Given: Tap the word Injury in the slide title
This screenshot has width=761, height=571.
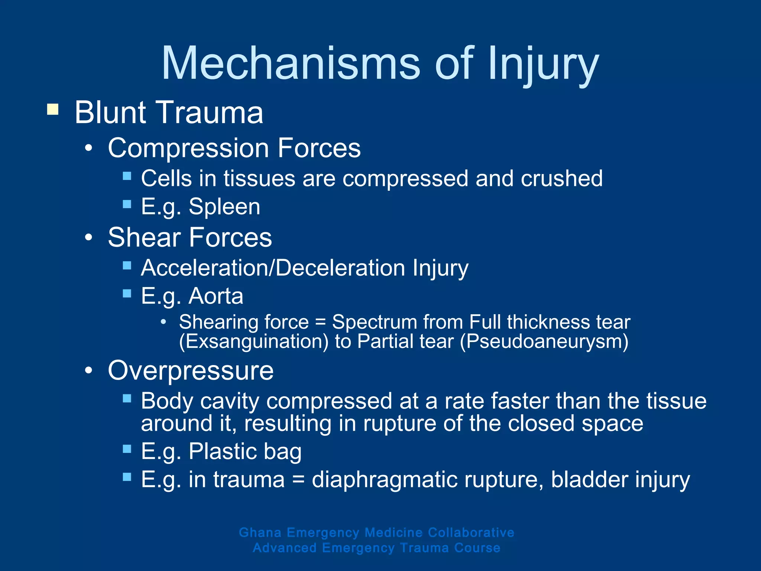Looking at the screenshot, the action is [x=543, y=63].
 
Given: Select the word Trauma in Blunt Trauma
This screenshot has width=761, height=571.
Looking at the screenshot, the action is [x=211, y=112].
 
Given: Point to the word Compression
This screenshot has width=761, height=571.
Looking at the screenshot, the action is [x=188, y=148].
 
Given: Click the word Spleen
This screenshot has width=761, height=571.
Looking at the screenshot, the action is [x=224, y=207].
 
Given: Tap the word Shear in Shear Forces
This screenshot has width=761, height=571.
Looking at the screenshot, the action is [x=143, y=238].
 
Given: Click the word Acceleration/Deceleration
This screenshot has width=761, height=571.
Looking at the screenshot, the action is [x=273, y=268].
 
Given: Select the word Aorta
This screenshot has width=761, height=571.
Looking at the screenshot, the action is [x=216, y=296].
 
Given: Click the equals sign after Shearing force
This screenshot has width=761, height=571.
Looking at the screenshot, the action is [x=320, y=322].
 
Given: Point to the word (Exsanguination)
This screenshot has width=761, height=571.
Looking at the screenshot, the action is [x=254, y=342].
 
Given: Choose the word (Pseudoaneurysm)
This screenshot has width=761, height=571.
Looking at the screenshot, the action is [x=544, y=342].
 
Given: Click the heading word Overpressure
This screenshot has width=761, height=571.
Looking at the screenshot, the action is [x=191, y=371].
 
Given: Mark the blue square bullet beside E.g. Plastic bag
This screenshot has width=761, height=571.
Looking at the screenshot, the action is [x=127, y=449].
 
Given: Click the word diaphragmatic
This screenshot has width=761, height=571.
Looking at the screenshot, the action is [x=385, y=480].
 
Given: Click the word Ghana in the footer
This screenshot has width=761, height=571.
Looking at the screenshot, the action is [x=260, y=532].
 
